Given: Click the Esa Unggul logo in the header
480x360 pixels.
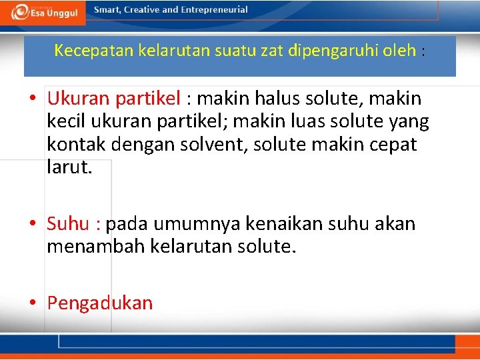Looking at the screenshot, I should pyautogui.click(x=43, y=12).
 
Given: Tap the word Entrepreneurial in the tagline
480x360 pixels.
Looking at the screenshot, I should pyautogui.click(x=213, y=10).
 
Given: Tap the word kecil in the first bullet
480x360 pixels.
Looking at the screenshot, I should pyautogui.click(x=65, y=122).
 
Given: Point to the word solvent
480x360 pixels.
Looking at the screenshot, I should pyautogui.click(x=209, y=145).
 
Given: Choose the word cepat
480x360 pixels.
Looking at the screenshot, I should pyautogui.click(x=390, y=145).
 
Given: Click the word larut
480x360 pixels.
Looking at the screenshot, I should pyautogui.click(x=68, y=167).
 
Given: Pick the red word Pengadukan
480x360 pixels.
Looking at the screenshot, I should pyautogui.click(x=100, y=303).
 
